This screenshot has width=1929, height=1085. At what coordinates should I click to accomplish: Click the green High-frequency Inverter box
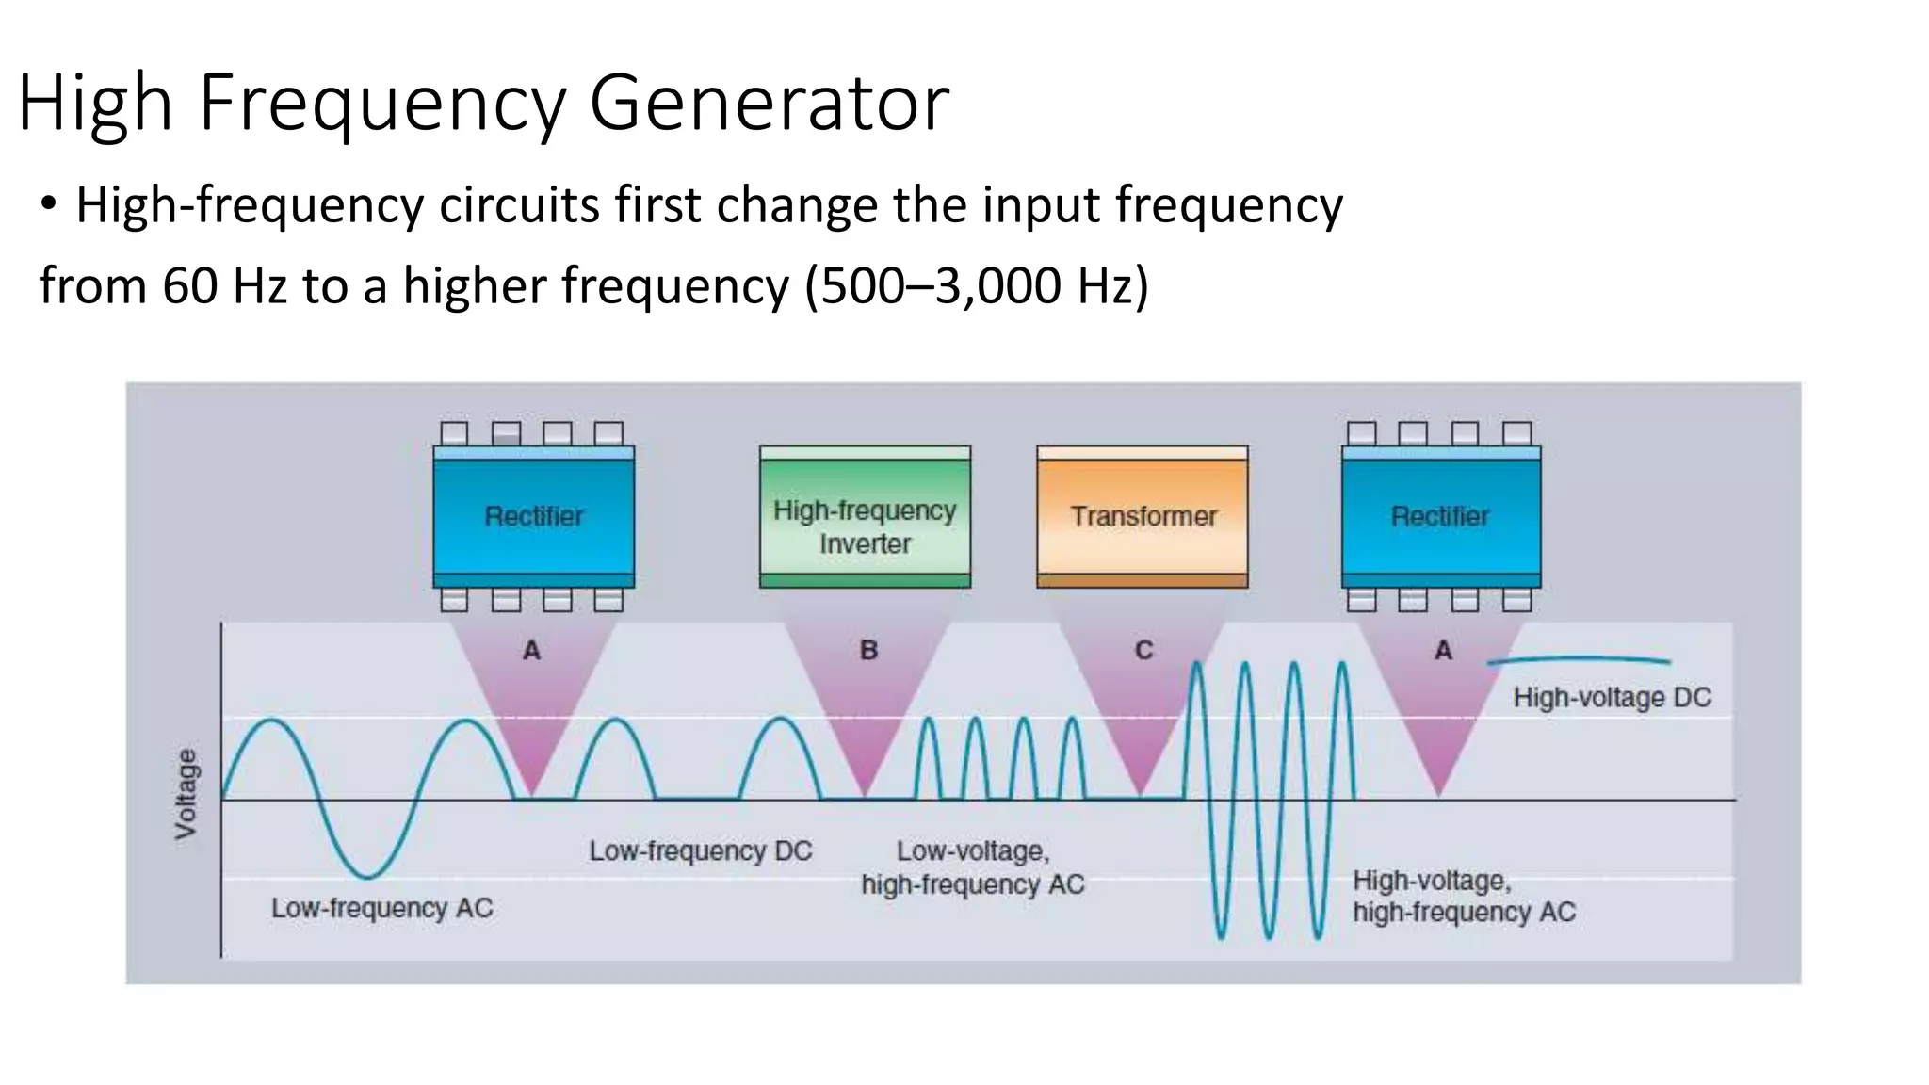click(x=865, y=517)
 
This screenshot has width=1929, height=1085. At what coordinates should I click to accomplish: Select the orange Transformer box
click(x=1143, y=516)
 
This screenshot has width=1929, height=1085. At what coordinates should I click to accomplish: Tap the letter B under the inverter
click(x=868, y=650)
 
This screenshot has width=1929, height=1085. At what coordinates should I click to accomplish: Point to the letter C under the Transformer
click(x=1143, y=650)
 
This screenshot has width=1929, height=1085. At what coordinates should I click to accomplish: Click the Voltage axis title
click(x=186, y=793)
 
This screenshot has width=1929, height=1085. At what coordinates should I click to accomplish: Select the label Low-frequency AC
click(x=381, y=908)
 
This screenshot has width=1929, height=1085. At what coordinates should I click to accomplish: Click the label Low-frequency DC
click(x=700, y=850)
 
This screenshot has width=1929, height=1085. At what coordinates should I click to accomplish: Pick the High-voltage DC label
click(x=1612, y=698)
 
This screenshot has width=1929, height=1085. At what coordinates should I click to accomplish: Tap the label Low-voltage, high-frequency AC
click(x=973, y=867)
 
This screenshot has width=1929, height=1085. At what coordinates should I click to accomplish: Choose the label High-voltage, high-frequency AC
click(x=1464, y=896)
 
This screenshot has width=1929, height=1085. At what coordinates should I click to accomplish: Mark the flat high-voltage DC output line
click(x=1579, y=660)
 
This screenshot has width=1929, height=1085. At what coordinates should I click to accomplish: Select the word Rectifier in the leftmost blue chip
click(x=533, y=516)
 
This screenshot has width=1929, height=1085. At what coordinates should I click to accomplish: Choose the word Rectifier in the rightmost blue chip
click(x=1440, y=516)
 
